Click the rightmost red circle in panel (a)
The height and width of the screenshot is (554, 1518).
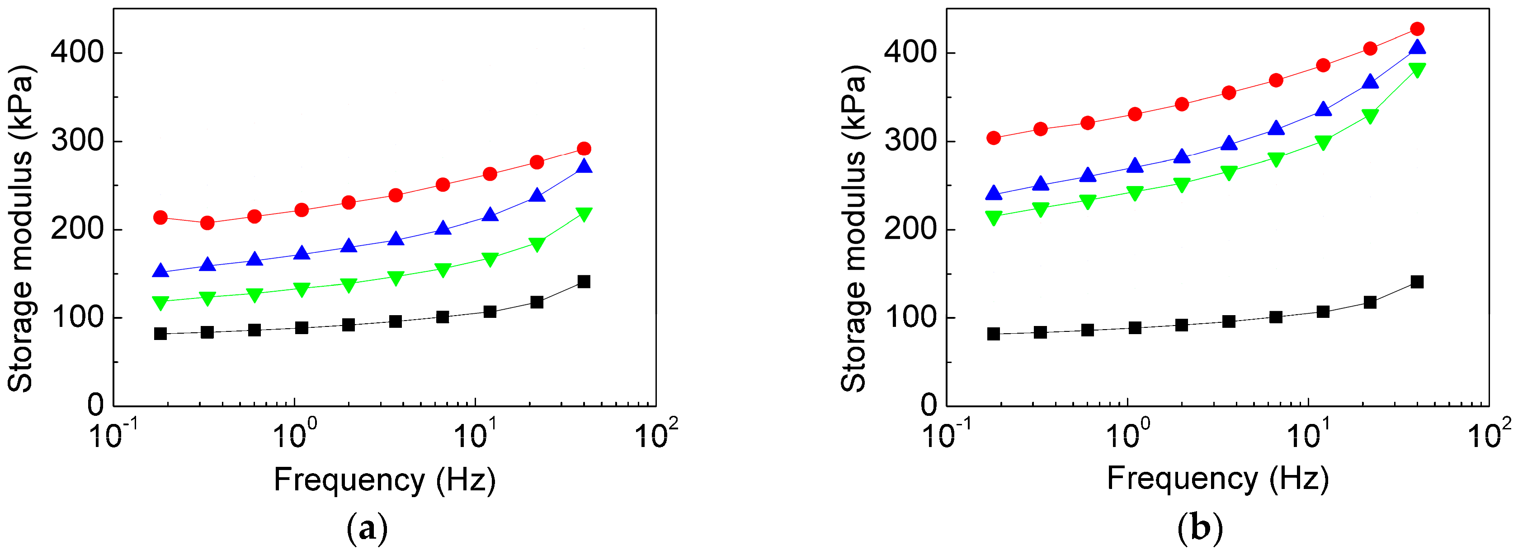[x=584, y=149]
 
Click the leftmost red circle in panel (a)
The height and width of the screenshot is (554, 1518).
[x=160, y=217]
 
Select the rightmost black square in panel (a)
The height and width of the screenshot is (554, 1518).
[x=584, y=281]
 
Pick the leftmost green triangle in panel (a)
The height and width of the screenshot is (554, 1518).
[x=160, y=303]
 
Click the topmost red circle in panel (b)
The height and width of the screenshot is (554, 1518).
[x=1417, y=29]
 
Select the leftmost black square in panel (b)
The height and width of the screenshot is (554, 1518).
[x=994, y=334]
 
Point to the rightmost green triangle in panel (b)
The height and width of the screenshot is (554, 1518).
[x=1417, y=70]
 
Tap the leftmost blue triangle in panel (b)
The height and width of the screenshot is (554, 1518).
[x=994, y=193]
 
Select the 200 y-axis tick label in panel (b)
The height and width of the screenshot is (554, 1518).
[x=910, y=229]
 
